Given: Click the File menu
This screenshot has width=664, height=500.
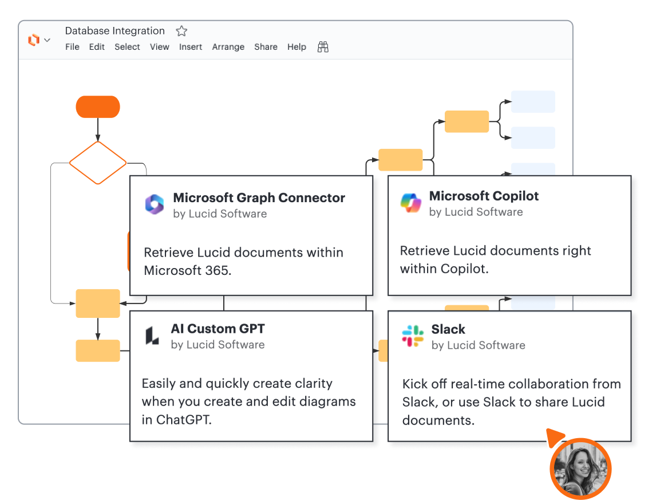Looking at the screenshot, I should (72, 47).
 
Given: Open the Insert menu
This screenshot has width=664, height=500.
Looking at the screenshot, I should (191, 47).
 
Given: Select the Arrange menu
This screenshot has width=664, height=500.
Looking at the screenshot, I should (228, 47).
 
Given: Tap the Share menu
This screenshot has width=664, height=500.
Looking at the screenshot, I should (266, 47).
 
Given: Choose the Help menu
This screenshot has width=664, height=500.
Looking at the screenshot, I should (297, 47).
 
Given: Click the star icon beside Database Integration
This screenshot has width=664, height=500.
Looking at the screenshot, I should (181, 31).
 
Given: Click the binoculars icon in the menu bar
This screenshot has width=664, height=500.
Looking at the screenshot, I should (323, 47).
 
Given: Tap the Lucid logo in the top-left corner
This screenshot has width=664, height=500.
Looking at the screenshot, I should (34, 40).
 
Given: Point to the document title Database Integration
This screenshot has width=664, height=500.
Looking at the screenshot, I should (114, 31).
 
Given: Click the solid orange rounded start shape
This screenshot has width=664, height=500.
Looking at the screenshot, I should (98, 107).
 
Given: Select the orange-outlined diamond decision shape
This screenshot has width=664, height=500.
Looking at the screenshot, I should (98, 163).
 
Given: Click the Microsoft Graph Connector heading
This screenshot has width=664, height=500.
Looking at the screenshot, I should (259, 198).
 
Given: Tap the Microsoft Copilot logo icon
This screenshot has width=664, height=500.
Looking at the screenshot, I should (411, 203).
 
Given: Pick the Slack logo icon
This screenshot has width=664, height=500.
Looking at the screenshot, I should (413, 336).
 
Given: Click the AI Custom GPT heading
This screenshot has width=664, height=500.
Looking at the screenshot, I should (218, 329).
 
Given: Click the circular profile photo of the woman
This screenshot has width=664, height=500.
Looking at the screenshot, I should (580, 469).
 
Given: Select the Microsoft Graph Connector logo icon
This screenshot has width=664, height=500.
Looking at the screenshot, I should (155, 204).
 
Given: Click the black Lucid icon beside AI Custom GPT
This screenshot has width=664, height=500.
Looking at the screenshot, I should (152, 336).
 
